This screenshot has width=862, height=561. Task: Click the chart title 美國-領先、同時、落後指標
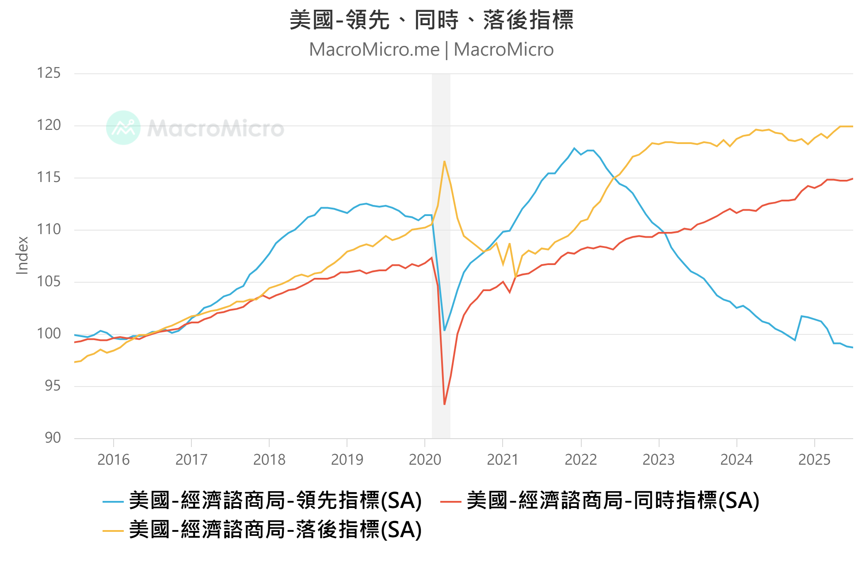coord(431,20)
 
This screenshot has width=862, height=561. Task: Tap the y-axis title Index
coord(22,255)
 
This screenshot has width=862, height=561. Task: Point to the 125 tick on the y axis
coord(49,73)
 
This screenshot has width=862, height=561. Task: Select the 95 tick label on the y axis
coord(53,386)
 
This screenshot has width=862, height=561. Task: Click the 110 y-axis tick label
coord(49,229)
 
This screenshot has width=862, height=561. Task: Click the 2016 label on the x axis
coord(113,460)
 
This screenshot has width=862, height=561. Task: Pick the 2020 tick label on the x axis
coord(425,460)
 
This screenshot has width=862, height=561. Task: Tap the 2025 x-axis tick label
coord(814,460)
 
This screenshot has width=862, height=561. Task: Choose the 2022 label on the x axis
coord(580,460)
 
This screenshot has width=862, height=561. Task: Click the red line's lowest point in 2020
coord(444,404)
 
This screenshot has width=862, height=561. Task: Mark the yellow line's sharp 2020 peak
coord(444,161)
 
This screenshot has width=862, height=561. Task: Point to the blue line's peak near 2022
coord(574,148)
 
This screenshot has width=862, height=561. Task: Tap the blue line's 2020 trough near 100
coord(444,330)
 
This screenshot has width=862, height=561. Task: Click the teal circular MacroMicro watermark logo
coord(123,128)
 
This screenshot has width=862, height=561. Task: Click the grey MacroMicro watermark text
coord(216,129)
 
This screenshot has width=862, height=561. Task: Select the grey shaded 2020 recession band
coord(441,256)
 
